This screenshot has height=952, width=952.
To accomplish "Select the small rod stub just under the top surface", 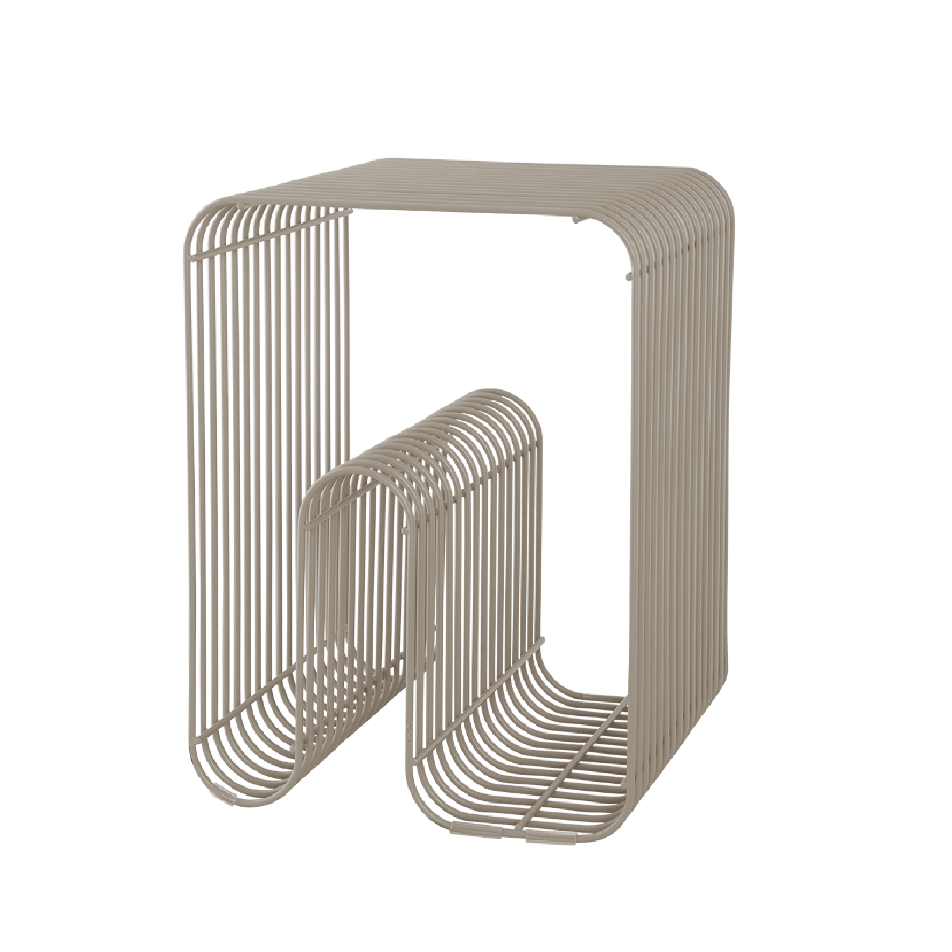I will coord(575,220).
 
